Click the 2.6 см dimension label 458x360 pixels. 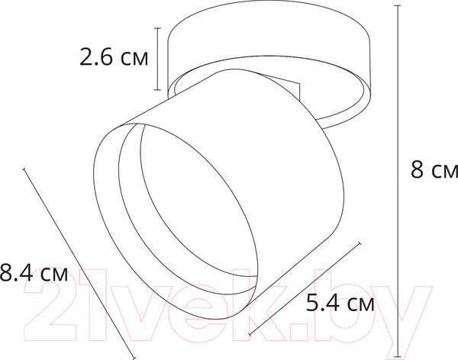114,57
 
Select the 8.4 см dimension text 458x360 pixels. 34,273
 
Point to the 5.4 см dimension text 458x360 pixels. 340,305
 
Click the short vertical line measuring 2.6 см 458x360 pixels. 157,58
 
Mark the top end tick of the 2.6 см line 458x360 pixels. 157,28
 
